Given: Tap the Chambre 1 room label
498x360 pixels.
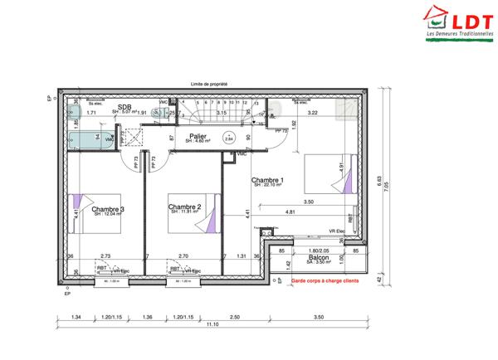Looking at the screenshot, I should coord(268,180).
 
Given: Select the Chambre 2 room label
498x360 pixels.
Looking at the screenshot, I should coord(185,207).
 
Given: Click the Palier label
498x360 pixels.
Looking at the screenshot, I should coord(198,135).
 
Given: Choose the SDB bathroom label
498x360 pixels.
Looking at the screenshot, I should coord(124,107).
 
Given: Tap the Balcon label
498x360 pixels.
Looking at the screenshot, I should coord(319,257).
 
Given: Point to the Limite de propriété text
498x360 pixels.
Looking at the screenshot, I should coord(209,84).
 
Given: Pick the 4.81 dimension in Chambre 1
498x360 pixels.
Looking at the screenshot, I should coord(290,212).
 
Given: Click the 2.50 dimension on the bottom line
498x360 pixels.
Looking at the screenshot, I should coord(235,317).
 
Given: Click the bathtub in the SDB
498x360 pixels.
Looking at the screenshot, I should coord(88,139).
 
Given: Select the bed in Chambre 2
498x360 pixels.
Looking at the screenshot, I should coord(203,213).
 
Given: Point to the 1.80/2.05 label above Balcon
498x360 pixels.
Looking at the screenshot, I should coord(319,250).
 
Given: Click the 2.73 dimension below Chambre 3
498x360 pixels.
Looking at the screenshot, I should coord(105,256).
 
